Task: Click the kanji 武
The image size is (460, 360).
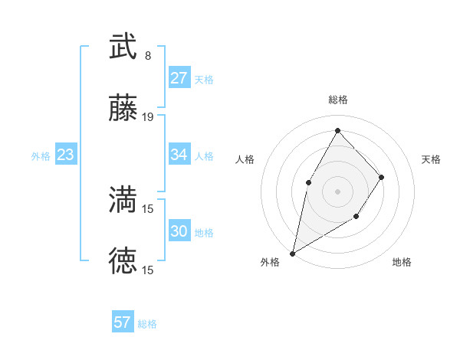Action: [x=123, y=47]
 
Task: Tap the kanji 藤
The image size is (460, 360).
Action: [x=123, y=110]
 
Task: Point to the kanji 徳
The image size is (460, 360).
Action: [x=123, y=261]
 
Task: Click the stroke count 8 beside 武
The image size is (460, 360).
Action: [x=148, y=56]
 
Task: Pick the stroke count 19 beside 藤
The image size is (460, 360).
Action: [x=148, y=118]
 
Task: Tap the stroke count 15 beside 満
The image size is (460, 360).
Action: [x=148, y=208]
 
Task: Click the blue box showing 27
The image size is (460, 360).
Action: [x=179, y=78]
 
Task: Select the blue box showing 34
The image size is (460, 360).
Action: [x=179, y=155]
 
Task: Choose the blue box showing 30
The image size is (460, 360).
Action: [x=179, y=231]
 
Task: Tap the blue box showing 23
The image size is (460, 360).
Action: [x=66, y=155]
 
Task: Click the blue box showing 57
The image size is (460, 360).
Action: [x=123, y=322]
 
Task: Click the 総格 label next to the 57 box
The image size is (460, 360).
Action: [x=148, y=324]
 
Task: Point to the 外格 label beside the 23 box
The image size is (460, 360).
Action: [x=41, y=156]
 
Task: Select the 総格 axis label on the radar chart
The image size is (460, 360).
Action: [x=337, y=100]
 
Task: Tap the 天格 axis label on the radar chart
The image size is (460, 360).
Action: [x=432, y=159]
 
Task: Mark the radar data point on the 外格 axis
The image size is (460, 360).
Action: [x=292, y=253]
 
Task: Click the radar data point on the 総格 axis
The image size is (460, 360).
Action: [x=337, y=129]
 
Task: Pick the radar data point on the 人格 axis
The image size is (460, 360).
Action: [x=308, y=182]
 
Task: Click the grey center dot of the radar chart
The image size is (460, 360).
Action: [x=337, y=191]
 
